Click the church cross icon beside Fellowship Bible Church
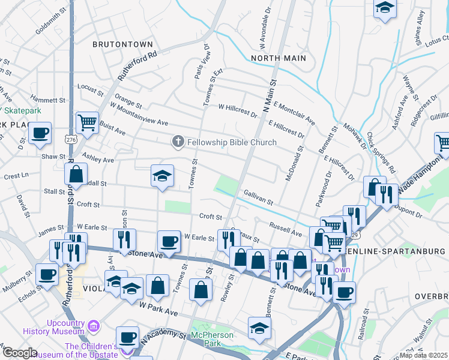tap(178, 142)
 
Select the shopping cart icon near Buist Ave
tap(88, 122)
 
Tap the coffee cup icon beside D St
tap(40, 133)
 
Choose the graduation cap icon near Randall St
tap(162, 175)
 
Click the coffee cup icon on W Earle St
tap(169, 241)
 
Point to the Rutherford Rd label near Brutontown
tap(137, 65)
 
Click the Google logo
tap(20, 353)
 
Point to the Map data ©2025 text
tap(424, 355)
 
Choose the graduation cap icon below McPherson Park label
tap(259, 328)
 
